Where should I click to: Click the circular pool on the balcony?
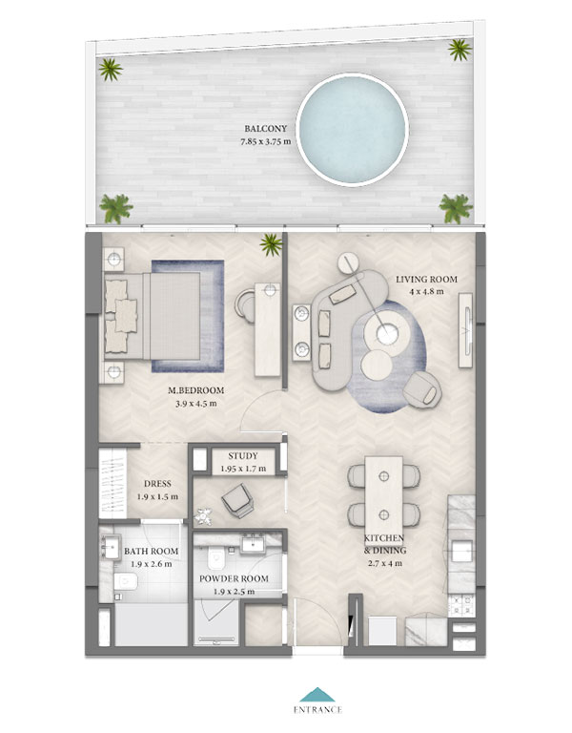point(352,130)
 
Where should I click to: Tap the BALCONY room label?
point(266,128)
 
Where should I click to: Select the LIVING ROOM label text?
point(426,279)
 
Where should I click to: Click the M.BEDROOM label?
point(195,390)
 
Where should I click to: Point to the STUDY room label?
point(243,456)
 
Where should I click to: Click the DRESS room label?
point(157,484)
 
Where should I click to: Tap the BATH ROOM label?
point(151,551)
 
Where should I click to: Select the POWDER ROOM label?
point(234,578)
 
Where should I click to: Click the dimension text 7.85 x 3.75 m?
point(266,141)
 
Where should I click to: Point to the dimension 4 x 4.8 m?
point(426,292)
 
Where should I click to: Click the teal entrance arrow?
point(317,694)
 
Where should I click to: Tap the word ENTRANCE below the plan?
point(317,710)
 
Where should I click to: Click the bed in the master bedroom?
point(152,317)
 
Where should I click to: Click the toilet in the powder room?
point(216,558)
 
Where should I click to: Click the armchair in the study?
point(238,501)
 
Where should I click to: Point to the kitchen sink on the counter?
point(461,550)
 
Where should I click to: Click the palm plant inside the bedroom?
point(272,244)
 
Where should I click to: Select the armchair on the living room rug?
point(422,389)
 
